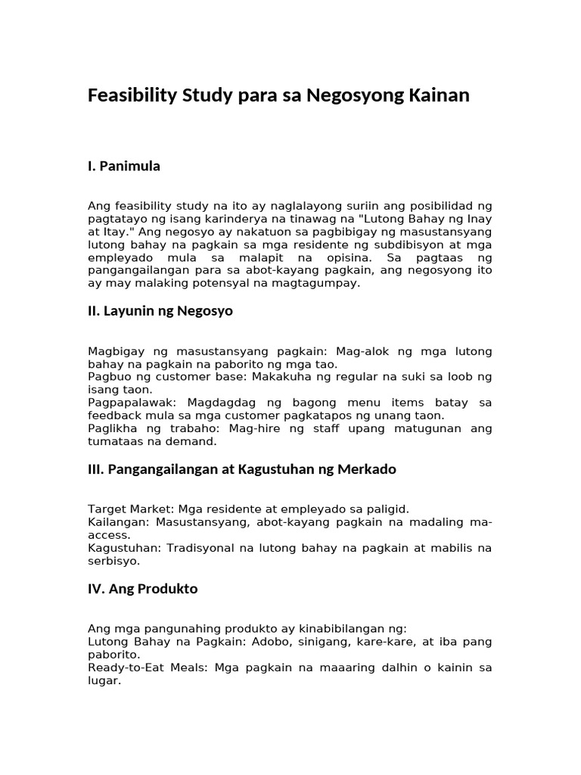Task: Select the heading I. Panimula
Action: tap(124, 167)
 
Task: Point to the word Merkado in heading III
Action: tap(365, 470)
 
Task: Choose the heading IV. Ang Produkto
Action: tap(143, 589)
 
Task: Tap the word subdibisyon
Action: tap(394, 244)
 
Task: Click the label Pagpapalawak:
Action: tap(126, 403)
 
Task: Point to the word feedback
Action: tap(115, 416)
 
